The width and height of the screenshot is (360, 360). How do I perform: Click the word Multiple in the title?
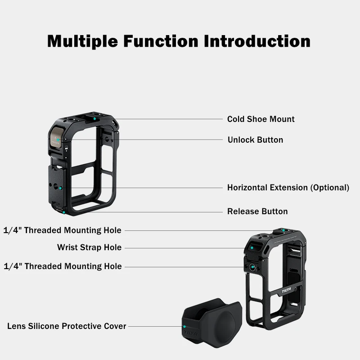point(84,41)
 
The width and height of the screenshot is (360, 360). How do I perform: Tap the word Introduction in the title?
point(257,41)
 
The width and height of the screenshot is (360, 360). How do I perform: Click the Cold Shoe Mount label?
point(261,119)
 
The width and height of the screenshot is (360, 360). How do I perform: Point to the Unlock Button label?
point(255,140)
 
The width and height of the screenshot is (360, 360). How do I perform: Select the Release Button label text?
point(257,211)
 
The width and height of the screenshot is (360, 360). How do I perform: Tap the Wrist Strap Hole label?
point(89,247)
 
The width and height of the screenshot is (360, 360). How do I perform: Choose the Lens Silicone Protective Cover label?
point(67,326)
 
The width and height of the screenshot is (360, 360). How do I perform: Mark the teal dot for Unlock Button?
point(58,140)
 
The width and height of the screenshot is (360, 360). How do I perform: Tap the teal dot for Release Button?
point(64,211)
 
